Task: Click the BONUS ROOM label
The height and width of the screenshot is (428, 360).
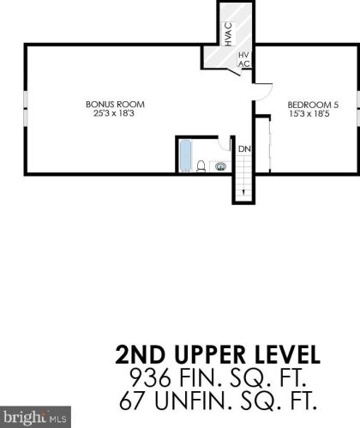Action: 115,105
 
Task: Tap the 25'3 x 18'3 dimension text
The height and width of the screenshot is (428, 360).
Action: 114,113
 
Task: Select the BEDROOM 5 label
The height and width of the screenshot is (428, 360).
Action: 313,105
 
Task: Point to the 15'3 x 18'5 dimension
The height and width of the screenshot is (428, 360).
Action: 309,114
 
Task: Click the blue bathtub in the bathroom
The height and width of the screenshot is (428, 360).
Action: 186,156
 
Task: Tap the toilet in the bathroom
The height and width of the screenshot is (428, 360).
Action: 201,166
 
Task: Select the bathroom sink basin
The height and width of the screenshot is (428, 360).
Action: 220,166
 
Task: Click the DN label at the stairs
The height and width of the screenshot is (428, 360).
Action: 244,149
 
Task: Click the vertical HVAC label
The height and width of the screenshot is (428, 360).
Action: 228,34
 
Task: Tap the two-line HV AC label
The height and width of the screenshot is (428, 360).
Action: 243,59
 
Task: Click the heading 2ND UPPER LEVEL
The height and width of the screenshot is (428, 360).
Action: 218,355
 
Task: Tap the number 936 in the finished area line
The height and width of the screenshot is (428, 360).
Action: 150,377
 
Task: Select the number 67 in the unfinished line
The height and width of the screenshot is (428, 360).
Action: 131,401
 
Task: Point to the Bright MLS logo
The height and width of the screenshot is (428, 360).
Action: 35,417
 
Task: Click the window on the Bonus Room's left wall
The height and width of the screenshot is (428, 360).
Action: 26,109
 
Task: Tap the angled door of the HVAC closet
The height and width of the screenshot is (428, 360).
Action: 235,71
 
